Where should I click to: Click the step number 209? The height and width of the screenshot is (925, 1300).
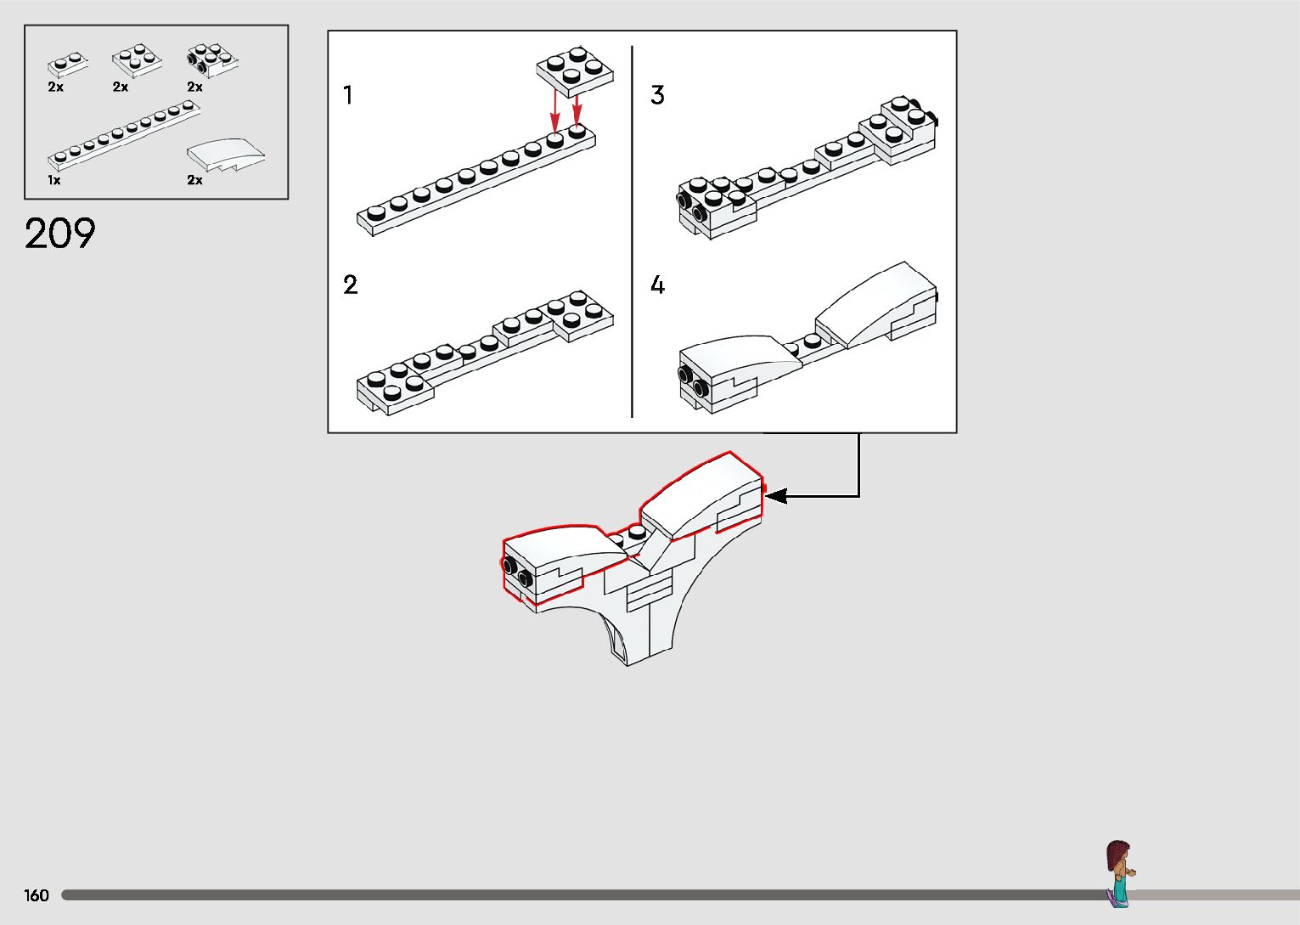59,234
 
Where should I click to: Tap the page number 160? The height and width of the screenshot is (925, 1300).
36,894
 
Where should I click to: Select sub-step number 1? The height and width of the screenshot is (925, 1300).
347,94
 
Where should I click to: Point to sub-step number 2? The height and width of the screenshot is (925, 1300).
350,285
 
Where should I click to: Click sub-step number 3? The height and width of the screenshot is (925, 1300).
657,94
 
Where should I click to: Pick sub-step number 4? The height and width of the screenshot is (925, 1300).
657,285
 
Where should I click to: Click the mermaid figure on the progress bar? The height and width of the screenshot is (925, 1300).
1119,873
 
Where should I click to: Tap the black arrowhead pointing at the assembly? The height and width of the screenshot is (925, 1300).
776,496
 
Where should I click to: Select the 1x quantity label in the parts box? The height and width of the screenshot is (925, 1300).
54,180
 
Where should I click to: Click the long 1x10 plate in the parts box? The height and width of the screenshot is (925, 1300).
124,135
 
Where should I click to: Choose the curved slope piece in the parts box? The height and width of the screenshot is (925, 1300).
225,154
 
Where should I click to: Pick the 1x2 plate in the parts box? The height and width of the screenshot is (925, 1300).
67,65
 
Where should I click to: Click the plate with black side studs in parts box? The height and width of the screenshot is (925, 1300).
211,59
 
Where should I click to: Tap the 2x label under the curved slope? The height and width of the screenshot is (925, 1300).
194,180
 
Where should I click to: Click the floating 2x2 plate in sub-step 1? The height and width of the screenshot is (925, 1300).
574,71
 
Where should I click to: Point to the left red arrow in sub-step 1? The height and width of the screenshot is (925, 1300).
554,111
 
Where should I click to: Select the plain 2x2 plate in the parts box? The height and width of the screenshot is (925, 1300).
137,60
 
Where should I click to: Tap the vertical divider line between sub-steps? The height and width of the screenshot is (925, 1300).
632,231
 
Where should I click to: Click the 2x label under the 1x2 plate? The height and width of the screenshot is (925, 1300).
56,87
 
